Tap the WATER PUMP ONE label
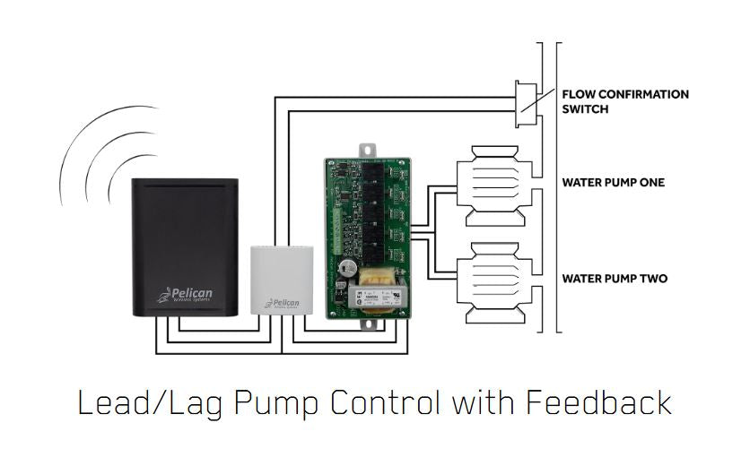613,183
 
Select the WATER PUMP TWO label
615,279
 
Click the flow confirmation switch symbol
526,103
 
